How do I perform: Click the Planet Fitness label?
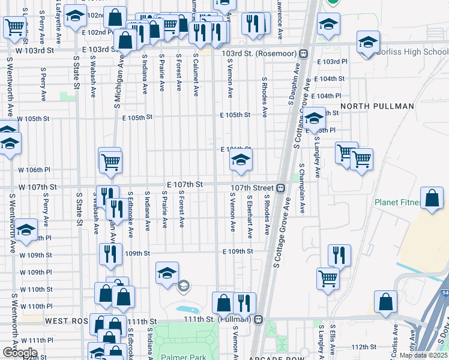point(396,202)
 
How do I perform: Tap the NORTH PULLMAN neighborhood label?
point(377,106)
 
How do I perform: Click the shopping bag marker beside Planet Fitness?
point(432,199)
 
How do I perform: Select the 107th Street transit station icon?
point(280,188)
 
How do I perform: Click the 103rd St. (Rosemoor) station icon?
point(304,53)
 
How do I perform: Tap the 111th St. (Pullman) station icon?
point(259,319)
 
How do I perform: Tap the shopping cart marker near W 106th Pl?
point(110,161)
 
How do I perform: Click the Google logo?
point(19,353)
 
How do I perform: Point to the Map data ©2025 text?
point(423,355)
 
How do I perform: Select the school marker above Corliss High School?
point(368,43)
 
